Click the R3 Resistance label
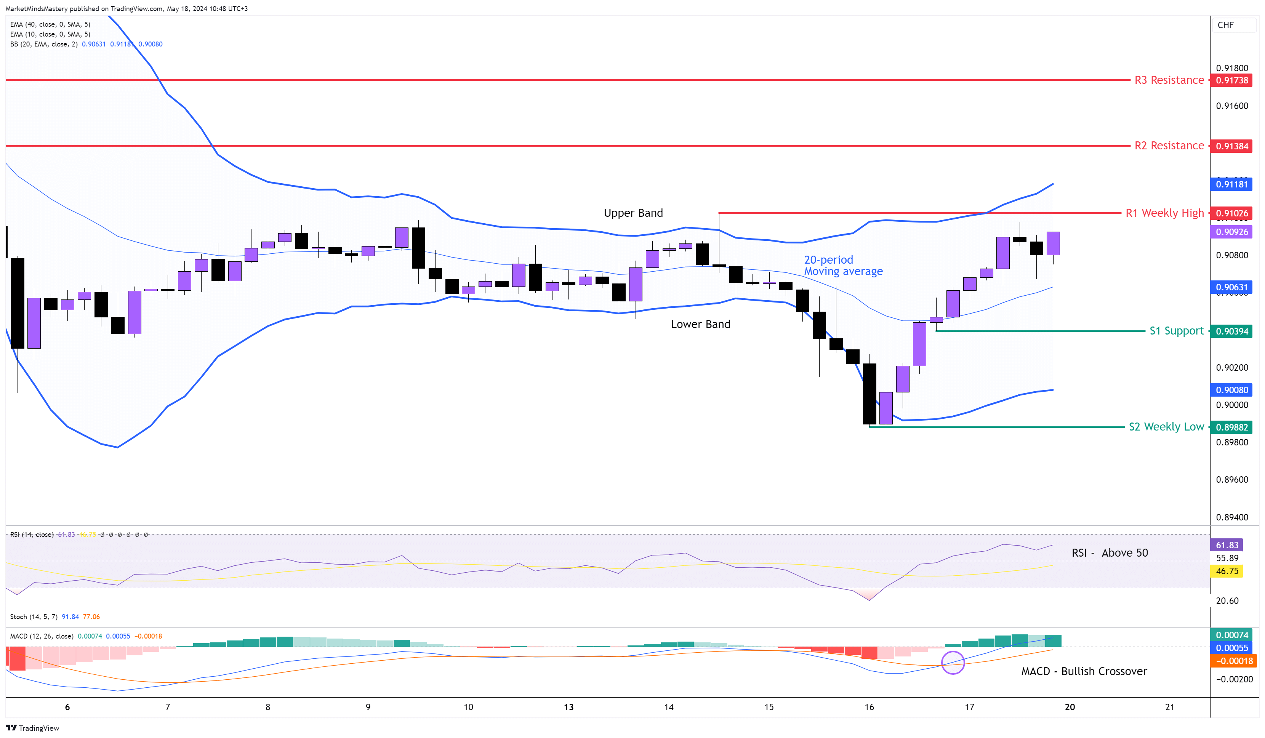pyautogui.click(x=1169, y=80)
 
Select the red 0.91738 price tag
pyautogui.click(x=1231, y=80)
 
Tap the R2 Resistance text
pyautogui.click(x=1169, y=146)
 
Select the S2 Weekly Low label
pyautogui.click(x=1166, y=427)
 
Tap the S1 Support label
pyautogui.click(x=1176, y=331)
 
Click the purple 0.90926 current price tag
pyautogui.click(x=1231, y=232)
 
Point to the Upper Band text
pyautogui.click(x=633, y=213)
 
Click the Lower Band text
pyautogui.click(x=700, y=324)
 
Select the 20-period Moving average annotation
pyautogui.click(x=843, y=266)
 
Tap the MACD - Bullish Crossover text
pyautogui.click(x=1084, y=671)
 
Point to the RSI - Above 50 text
pyautogui.click(x=1110, y=553)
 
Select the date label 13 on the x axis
pyautogui.click(x=568, y=707)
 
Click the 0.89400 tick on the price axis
pyautogui.click(x=1231, y=517)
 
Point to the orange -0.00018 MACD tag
pyautogui.click(x=1231, y=661)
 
